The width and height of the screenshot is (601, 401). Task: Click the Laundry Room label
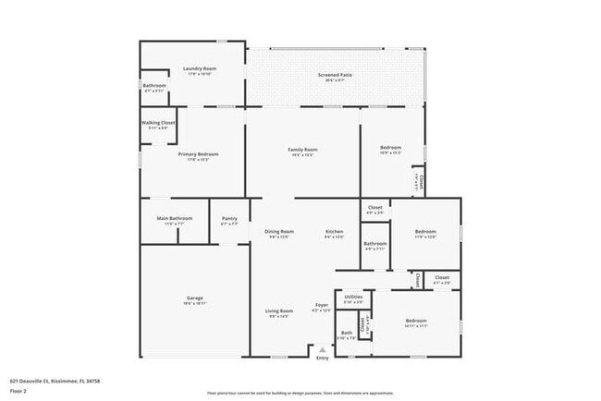199,68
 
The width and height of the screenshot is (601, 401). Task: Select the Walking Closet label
157,122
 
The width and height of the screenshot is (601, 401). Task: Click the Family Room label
302,150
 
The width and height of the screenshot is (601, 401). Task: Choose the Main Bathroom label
175,219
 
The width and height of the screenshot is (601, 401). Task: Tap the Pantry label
229,219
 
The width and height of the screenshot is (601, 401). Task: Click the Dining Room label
279,231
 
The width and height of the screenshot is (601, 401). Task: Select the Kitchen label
334,231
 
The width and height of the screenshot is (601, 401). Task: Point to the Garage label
194,298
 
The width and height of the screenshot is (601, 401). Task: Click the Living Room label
279,310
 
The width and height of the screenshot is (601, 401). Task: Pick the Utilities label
353,297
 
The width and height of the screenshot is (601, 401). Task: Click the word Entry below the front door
322,358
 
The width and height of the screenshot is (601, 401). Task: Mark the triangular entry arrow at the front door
322,350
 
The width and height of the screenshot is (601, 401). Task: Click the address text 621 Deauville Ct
55,380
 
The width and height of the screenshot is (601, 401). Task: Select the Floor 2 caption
19,391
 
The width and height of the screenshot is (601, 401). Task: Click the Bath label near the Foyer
346,334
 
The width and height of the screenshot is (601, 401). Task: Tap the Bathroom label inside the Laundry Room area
153,86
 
